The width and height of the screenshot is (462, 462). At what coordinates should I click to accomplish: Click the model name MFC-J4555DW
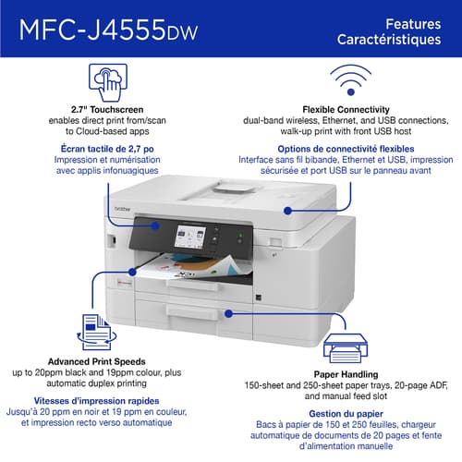pos(108,30)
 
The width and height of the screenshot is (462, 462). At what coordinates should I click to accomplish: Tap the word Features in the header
pos(413,24)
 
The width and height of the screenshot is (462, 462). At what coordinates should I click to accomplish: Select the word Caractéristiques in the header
pos(389,40)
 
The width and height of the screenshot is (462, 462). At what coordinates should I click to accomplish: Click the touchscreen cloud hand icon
pos(108,82)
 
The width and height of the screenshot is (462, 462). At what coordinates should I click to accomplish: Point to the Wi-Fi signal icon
pos(350,80)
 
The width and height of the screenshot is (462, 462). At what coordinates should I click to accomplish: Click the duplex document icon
pos(97,332)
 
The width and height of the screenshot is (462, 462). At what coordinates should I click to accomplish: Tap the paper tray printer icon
pos(346,348)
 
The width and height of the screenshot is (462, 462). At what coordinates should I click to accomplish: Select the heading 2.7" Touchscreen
pos(107,109)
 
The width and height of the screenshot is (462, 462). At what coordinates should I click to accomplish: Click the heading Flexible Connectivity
pos(346,109)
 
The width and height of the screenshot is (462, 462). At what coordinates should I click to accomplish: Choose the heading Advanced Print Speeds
pos(97,361)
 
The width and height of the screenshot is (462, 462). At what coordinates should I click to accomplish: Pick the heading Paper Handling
pos(346,374)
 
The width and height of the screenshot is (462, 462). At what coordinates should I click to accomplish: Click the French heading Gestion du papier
pos(346,414)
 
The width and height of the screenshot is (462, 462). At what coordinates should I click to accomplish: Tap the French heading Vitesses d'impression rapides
pos(96,401)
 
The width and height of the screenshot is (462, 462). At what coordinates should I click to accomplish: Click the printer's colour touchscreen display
pos(190,237)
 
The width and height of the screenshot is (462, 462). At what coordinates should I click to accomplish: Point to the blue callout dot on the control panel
pos(156,225)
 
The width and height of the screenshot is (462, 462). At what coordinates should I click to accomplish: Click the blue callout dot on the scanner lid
pos(287,211)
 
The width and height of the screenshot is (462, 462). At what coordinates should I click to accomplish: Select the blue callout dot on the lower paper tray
pos(228,313)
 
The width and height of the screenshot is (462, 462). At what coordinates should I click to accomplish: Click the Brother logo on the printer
pos(122,209)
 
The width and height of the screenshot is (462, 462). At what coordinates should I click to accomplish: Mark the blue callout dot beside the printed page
pos(132,272)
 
